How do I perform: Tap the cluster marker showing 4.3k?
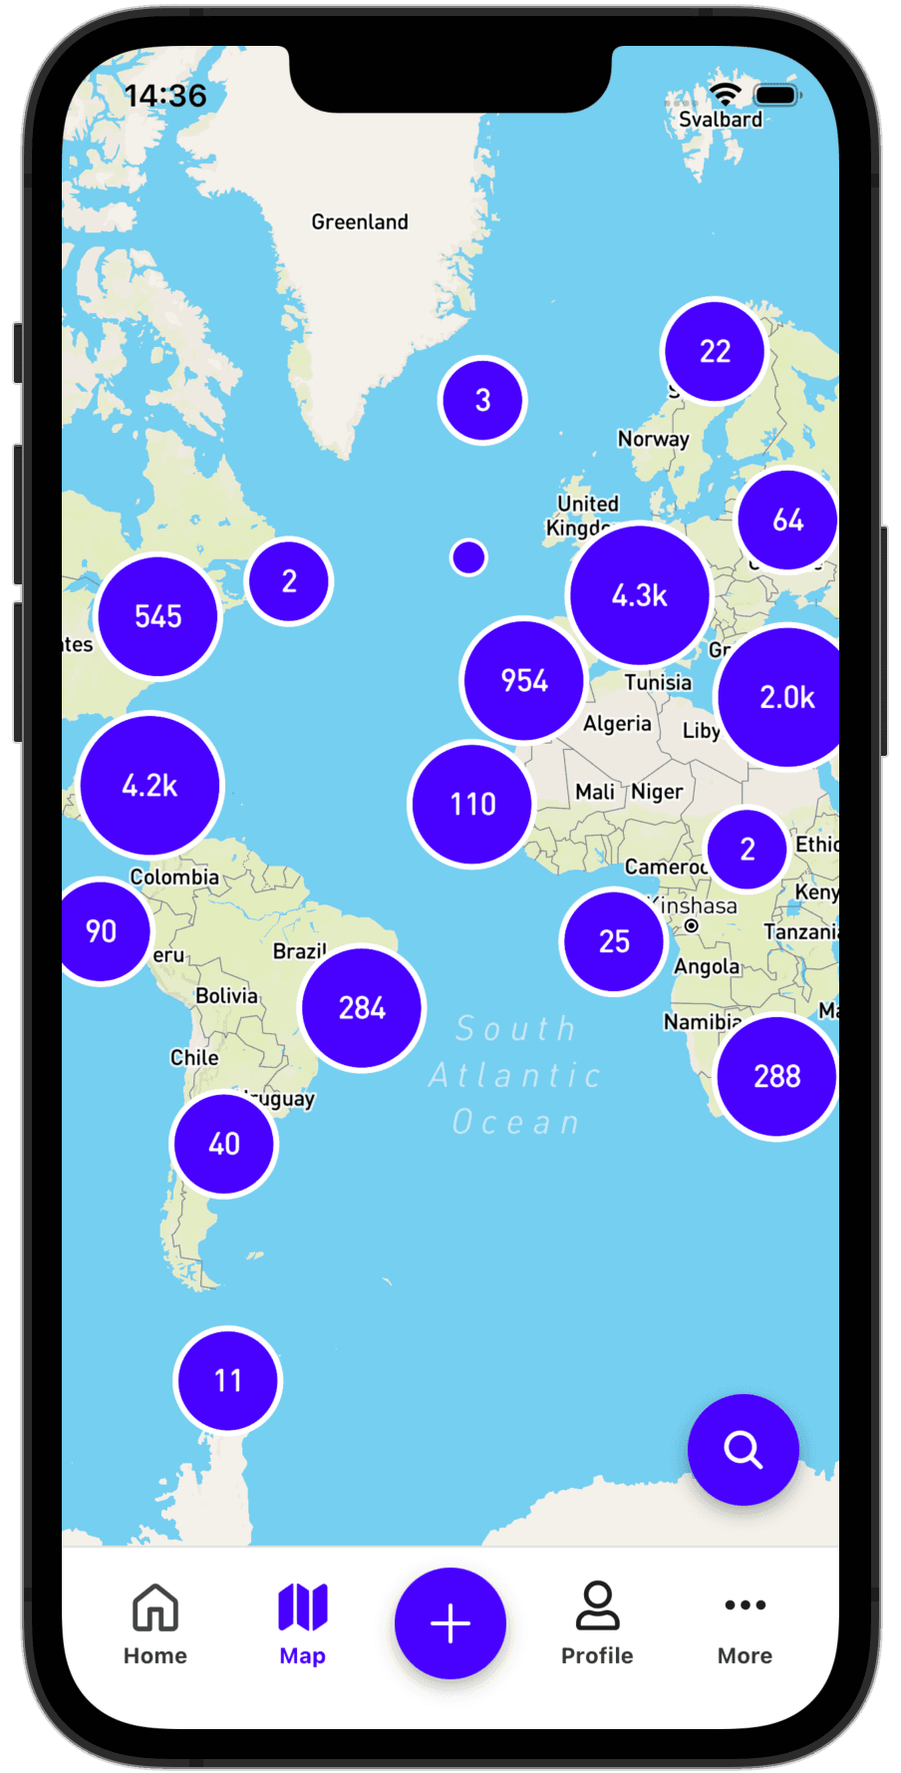point(639,595)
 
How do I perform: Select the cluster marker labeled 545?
point(158,616)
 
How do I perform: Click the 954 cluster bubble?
point(524,681)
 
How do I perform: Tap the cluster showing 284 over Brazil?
point(362,1008)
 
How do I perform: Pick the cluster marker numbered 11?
point(228,1381)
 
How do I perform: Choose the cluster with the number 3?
point(482,401)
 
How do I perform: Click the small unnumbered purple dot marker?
point(468,557)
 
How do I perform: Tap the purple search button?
point(743,1449)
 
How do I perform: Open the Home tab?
point(155,1623)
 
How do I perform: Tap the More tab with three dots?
point(746,1623)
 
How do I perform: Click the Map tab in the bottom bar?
point(303,1623)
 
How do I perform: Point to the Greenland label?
point(360,222)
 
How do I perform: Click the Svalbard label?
point(721,120)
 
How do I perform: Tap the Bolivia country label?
point(226,995)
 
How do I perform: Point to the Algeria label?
point(617,724)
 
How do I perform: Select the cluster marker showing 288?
point(776,1077)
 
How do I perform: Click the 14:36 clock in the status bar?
point(165,96)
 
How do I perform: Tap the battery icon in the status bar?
point(776,96)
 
